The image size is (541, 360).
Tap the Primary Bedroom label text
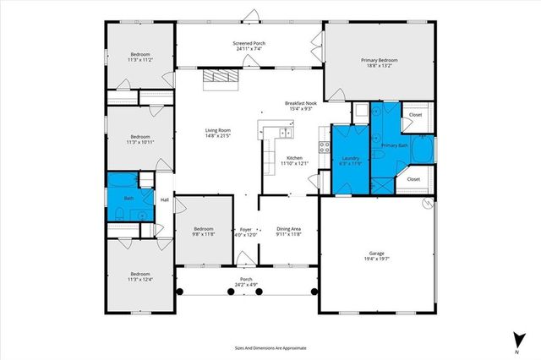coord(379,60)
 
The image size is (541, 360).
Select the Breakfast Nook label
coord(302,103)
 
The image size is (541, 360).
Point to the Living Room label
coord(218,130)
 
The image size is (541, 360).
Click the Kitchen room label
coord(294,158)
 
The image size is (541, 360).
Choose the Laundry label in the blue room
coord(351,158)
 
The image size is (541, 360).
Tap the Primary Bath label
coord(395,145)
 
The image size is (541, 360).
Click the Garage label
coord(376,253)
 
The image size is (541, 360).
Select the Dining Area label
coord(289,229)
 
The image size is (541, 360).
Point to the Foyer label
coord(246,229)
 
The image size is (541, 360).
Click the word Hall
coord(165,200)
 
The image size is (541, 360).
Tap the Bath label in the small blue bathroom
coord(128,199)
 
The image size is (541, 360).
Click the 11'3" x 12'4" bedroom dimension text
coord(139,279)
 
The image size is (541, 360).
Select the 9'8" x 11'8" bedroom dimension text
coord(204,235)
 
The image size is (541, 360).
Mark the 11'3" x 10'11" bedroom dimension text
coord(139,142)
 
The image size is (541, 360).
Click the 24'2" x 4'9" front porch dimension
coord(246,285)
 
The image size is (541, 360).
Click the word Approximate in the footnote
coord(292,347)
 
